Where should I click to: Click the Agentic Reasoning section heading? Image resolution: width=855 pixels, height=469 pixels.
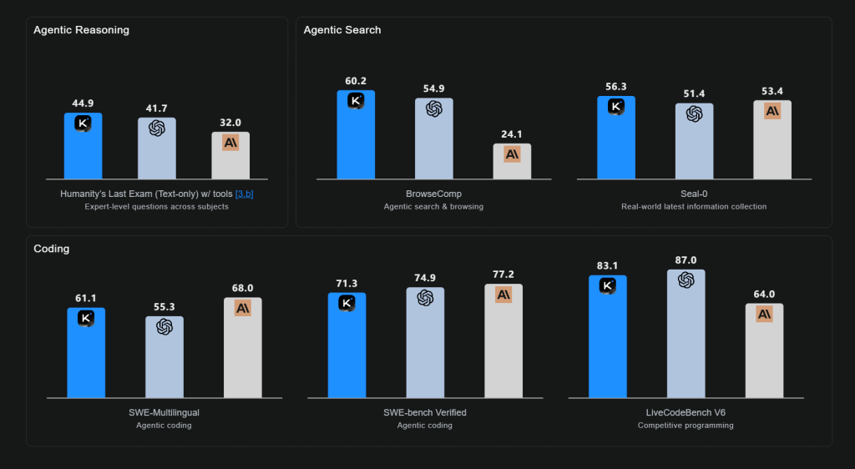tap(81, 30)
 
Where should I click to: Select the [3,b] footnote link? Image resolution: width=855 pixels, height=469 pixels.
tap(245, 194)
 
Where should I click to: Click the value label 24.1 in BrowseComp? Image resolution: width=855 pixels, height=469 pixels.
tap(512, 134)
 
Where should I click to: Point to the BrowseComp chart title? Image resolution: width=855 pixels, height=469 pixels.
tap(433, 194)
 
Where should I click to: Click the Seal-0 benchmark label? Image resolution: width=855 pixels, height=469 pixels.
tap(694, 194)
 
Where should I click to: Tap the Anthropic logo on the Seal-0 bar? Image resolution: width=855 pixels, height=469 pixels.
tap(772, 110)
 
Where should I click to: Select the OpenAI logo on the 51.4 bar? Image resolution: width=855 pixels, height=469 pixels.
tap(694, 113)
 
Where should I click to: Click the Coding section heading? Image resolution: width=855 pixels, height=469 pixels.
tap(52, 249)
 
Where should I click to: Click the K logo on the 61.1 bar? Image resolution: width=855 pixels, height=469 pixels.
tap(86, 318)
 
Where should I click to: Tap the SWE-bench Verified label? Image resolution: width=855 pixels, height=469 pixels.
tap(425, 412)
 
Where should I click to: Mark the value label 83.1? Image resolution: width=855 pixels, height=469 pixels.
tap(607, 266)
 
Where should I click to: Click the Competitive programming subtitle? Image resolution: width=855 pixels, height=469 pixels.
tap(686, 426)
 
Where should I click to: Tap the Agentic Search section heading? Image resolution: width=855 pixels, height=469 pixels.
tap(342, 30)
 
